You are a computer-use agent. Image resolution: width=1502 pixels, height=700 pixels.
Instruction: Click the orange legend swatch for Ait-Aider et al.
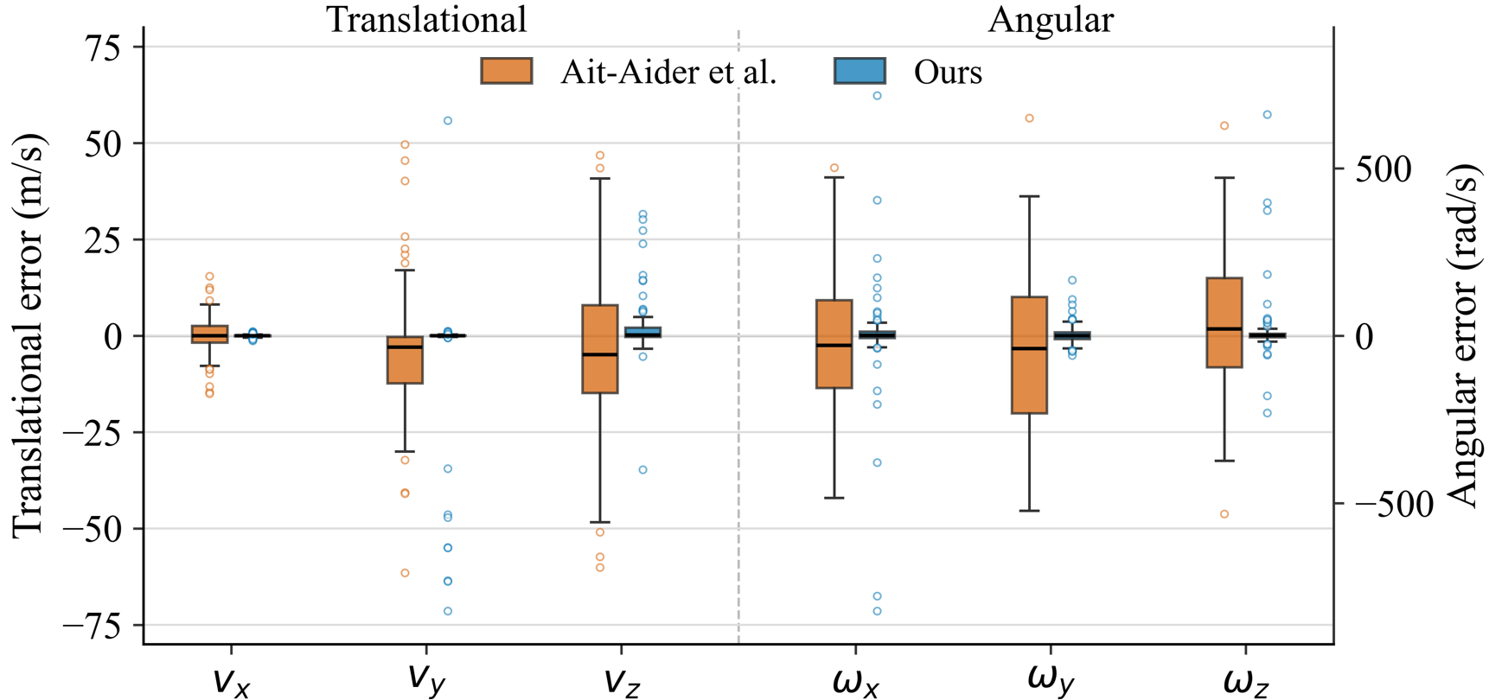click(507, 71)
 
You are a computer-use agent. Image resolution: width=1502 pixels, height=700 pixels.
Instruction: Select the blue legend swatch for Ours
click(860, 71)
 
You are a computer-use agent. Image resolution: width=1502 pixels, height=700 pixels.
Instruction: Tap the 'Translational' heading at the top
click(426, 19)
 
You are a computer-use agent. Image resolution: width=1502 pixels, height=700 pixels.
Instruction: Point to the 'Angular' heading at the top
click(1051, 19)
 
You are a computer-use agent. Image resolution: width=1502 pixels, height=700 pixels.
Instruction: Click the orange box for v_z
click(600, 349)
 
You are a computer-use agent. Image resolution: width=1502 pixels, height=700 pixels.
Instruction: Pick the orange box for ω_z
click(1224, 322)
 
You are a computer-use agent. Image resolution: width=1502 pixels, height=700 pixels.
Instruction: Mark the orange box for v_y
click(405, 360)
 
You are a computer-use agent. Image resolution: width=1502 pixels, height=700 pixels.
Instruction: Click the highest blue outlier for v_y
click(448, 121)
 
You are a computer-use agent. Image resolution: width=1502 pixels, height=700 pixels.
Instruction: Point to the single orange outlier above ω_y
click(1030, 118)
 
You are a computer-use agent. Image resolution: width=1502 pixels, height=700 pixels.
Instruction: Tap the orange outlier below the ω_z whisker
click(1224, 514)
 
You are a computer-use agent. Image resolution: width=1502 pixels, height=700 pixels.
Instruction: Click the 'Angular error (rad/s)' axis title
click(1463, 335)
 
